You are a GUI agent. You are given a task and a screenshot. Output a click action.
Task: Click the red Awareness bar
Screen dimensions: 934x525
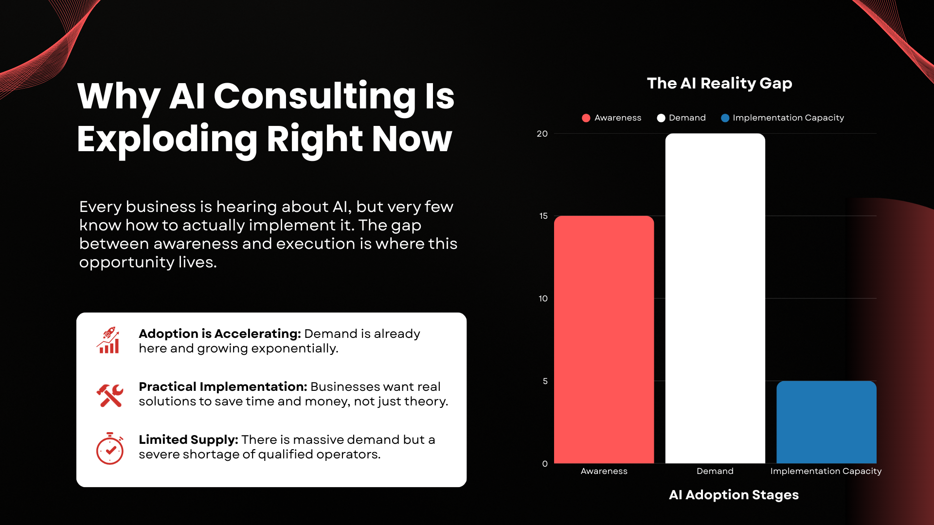click(604, 339)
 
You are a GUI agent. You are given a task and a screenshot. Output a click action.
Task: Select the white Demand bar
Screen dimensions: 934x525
click(715, 298)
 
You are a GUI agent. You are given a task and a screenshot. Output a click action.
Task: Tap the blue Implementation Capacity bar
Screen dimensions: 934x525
click(826, 422)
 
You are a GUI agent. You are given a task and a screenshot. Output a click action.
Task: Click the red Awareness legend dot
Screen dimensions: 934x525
click(586, 118)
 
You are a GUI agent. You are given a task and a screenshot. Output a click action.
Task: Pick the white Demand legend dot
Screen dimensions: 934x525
click(661, 118)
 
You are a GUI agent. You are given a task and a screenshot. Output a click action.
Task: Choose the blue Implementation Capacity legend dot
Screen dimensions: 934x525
click(725, 118)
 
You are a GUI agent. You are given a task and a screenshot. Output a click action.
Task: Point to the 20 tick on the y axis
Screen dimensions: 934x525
click(542, 134)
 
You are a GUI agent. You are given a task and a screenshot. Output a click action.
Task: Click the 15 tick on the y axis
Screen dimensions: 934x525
click(543, 216)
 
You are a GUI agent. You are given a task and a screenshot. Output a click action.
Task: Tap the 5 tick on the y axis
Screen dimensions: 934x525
click(545, 381)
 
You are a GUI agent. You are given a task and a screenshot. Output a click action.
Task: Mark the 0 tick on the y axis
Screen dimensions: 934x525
click(545, 464)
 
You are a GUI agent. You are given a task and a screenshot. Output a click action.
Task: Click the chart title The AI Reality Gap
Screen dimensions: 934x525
click(719, 84)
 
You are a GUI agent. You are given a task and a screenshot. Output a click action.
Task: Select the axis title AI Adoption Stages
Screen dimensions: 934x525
click(734, 495)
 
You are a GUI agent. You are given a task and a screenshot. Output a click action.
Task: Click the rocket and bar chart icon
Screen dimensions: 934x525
click(108, 340)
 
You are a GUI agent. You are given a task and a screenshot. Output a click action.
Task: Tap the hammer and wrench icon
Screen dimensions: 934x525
click(110, 395)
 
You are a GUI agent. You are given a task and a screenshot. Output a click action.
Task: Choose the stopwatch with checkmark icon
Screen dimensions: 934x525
click(110, 448)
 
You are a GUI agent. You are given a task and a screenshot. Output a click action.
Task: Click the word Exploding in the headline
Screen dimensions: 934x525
click(166, 140)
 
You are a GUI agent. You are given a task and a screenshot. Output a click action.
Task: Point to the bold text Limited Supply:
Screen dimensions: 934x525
click(188, 440)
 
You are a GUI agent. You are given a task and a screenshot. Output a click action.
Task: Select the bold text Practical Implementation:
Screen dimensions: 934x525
click(223, 387)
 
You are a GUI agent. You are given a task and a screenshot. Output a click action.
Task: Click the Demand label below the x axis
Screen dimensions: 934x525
click(715, 471)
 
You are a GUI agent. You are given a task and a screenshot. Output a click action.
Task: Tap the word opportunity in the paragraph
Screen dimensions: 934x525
click(126, 263)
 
